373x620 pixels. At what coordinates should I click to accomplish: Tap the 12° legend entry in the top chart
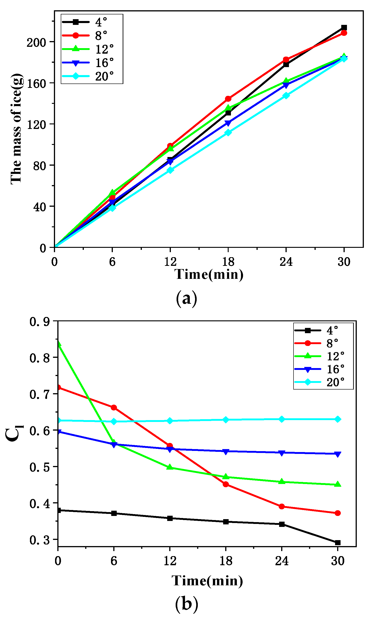[x=88, y=49]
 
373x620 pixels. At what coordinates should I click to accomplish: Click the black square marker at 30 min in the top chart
[x=344, y=28]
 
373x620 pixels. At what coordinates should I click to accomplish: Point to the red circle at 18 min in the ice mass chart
[x=228, y=99]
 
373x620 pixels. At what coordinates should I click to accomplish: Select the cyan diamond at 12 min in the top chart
[x=170, y=170]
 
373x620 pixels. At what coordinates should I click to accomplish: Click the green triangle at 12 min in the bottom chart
[x=170, y=467]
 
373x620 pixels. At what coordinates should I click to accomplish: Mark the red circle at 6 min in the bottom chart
[x=114, y=408]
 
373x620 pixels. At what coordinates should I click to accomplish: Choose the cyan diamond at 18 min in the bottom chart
[x=226, y=420]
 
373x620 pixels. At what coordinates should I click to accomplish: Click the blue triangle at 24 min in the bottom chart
[x=282, y=453]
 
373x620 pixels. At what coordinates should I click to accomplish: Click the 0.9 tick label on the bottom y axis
[x=40, y=322]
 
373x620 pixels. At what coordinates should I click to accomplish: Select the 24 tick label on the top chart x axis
[x=286, y=262]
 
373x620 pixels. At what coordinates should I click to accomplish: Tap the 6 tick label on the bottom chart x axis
[x=114, y=561]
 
